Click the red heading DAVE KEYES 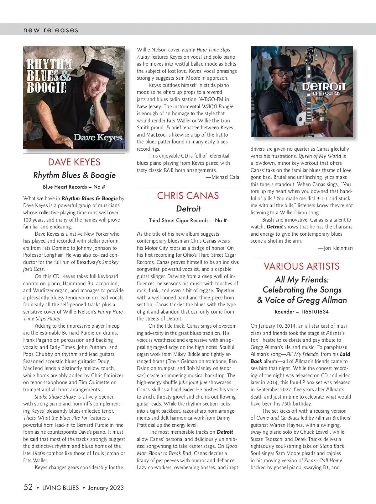[x=74, y=162]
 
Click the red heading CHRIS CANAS [x=188, y=196]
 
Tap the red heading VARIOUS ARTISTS [x=301, y=266]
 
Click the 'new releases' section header [x=51, y=30]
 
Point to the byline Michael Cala [x=225, y=177]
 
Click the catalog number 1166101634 [x=315, y=312]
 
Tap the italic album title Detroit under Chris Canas [x=188, y=209]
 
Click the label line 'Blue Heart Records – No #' [x=74, y=187]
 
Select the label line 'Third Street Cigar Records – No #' [x=188, y=220]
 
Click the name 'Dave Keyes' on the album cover [x=98, y=137]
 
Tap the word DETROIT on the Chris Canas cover [x=324, y=86]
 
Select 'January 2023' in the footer [x=106, y=488]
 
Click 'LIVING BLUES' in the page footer [x=60, y=488]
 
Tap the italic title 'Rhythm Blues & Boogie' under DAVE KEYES [x=74, y=175]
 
